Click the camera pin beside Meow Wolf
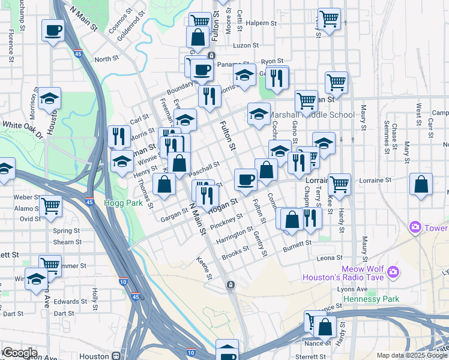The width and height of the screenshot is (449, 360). [393, 272]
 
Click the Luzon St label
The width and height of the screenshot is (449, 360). [246, 45]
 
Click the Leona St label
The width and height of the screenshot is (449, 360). [329, 258]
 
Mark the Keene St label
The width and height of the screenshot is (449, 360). [204, 268]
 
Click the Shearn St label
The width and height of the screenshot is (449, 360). [67, 242]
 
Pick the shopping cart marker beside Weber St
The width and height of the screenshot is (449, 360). [51, 206]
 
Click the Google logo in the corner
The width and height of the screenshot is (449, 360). [19, 353]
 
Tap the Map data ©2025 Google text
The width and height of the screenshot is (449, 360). [412, 355]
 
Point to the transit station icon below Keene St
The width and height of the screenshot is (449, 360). [231, 285]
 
